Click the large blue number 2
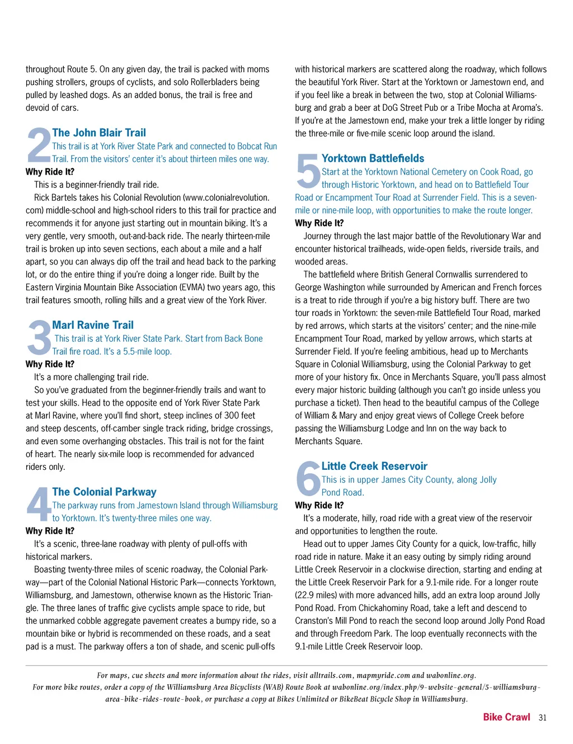pos(39,145)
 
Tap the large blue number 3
pos(39,338)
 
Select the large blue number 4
pos(39,505)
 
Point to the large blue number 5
pos(308,171)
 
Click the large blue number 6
pos(308,479)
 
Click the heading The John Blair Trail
pos(99,133)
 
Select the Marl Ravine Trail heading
pos(93,325)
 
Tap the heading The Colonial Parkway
pos(104,492)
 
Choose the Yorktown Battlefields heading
pos(373,158)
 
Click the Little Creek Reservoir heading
pos(374,466)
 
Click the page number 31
pos(542,718)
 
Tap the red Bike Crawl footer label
pos(506,717)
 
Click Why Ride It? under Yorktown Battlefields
pos(320,223)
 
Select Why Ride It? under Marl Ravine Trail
pos(50,364)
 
